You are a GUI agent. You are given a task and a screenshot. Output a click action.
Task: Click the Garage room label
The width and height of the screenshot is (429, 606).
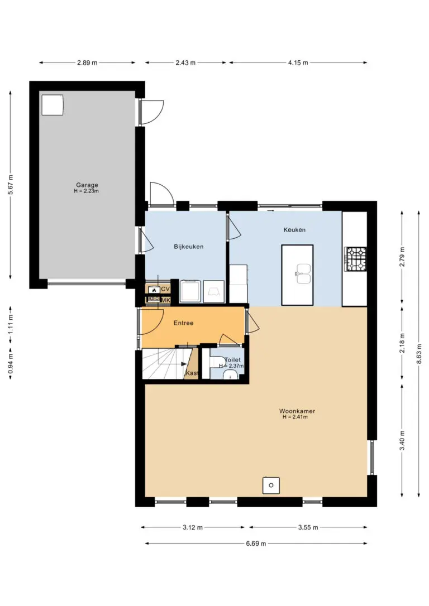point(87,185)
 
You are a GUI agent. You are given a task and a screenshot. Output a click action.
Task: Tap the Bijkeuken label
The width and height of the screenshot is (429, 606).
point(188,247)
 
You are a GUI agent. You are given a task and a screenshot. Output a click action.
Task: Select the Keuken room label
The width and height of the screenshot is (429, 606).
point(294,229)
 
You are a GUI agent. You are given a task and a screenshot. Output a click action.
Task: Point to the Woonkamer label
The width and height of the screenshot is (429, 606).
point(297,411)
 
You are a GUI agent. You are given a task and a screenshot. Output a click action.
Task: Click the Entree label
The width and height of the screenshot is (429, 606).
point(183,323)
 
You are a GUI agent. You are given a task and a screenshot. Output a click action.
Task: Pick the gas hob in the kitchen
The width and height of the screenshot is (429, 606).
point(355,258)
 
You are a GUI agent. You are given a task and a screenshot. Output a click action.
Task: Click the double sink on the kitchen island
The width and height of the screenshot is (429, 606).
point(303,273)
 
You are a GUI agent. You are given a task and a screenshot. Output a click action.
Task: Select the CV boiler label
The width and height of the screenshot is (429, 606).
point(165,289)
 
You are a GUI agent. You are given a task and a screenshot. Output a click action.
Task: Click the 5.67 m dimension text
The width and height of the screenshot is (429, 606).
point(11,185)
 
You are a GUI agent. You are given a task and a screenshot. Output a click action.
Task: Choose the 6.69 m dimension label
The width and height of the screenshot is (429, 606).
point(256,544)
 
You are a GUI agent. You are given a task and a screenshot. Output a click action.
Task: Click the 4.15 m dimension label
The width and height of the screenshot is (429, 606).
point(298,62)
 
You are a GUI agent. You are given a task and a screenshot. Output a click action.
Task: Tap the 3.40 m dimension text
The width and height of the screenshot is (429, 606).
point(402,441)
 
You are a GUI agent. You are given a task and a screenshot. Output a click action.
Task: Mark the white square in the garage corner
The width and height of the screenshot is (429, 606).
point(52,104)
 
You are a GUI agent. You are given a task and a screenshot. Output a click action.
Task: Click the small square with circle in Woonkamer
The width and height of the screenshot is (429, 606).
point(271,485)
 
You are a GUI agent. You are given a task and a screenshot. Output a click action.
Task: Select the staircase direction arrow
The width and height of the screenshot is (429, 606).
point(178,364)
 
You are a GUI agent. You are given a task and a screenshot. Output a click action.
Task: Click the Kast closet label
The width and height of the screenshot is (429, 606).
point(192,373)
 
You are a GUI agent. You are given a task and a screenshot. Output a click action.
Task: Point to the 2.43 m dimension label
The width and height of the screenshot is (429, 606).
point(185,62)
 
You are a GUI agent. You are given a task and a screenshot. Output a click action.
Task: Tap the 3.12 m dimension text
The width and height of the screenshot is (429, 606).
point(193,527)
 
